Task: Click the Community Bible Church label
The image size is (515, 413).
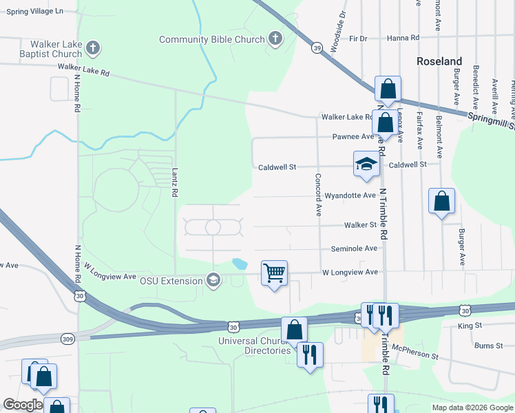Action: pos(212,39)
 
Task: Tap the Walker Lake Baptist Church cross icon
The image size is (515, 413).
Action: pos(94,49)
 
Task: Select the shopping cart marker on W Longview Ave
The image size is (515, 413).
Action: pos(274,274)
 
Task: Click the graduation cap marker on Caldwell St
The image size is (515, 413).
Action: pos(366,165)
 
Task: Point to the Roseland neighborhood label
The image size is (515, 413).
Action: pos(439,61)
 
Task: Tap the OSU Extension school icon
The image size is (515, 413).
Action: pos(213,280)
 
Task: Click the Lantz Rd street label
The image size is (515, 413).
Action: pos(175,185)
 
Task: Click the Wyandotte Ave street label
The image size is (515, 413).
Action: pos(350,195)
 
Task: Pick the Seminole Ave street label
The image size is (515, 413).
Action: pos(354,248)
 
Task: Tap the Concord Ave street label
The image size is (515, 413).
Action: pos(318,195)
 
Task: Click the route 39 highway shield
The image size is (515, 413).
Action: pos(316,48)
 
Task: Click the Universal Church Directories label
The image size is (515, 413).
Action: pos(254,346)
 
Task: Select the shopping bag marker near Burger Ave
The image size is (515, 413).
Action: pos(442,202)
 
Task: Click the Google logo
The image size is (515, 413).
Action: pos(23,405)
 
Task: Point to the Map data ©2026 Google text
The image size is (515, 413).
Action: pos(472,407)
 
